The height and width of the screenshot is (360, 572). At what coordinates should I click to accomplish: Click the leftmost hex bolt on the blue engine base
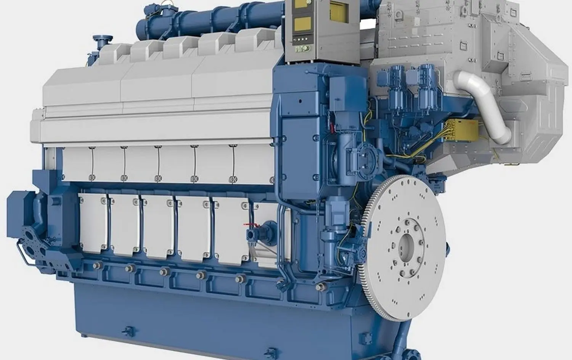tap(95, 265)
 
